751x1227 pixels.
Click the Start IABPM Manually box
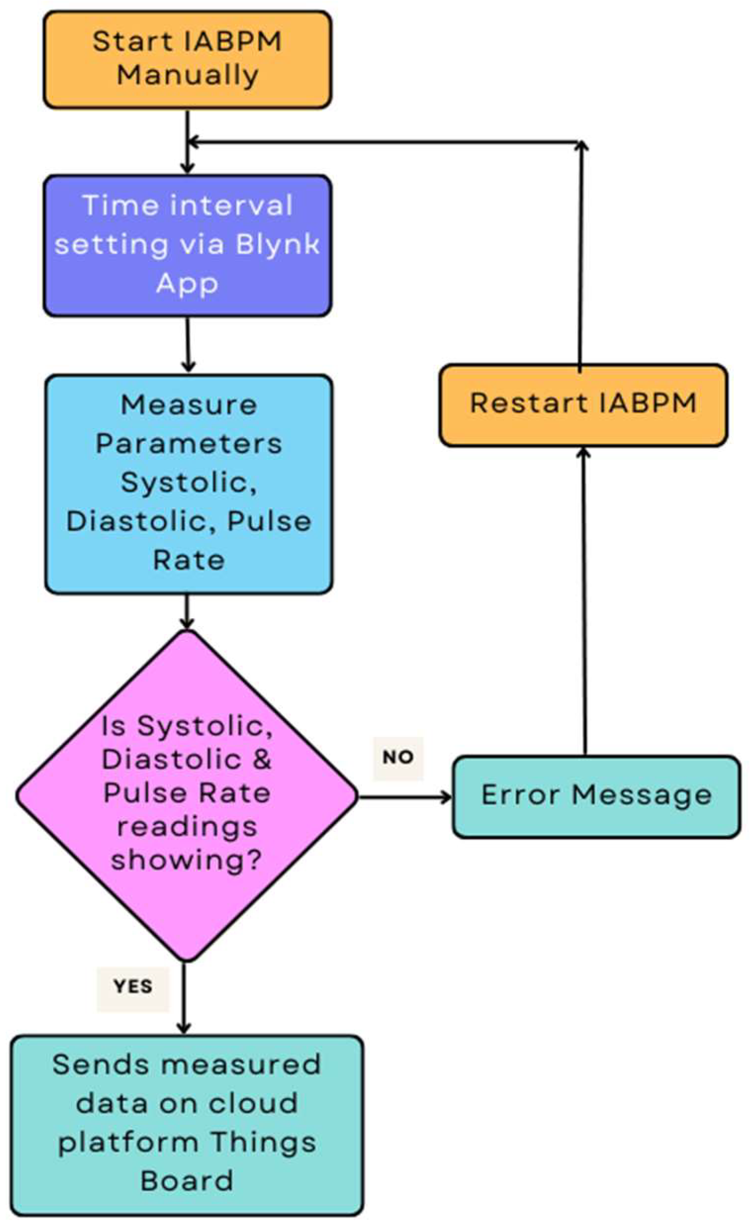pos(187,59)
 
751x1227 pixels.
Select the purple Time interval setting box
pos(187,245)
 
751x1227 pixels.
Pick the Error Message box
pos(596,796)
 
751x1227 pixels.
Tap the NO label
pos(398,758)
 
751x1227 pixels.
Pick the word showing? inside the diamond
pos(186,861)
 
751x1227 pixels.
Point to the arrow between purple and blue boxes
pos(188,345)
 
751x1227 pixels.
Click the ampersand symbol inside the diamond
pos(262,759)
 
